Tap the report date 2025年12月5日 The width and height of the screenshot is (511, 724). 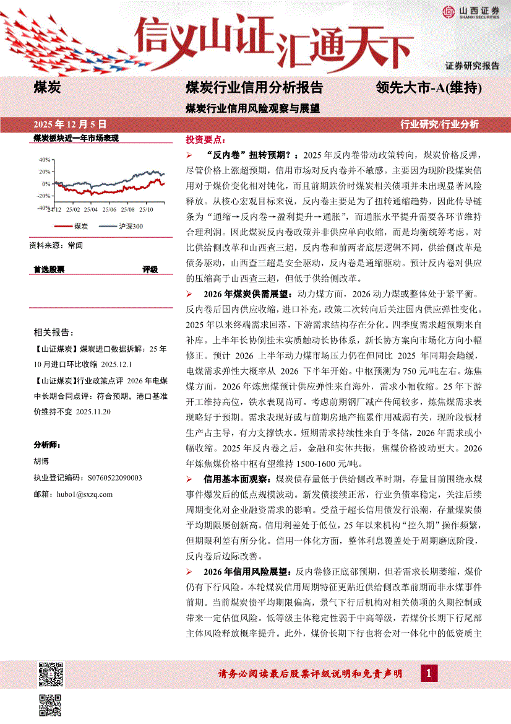coord(69,124)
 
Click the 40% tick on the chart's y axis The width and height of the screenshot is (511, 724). coord(45,159)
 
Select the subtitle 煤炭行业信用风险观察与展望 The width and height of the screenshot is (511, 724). coord(253,107)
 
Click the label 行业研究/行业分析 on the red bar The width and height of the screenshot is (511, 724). coord(440,124)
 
